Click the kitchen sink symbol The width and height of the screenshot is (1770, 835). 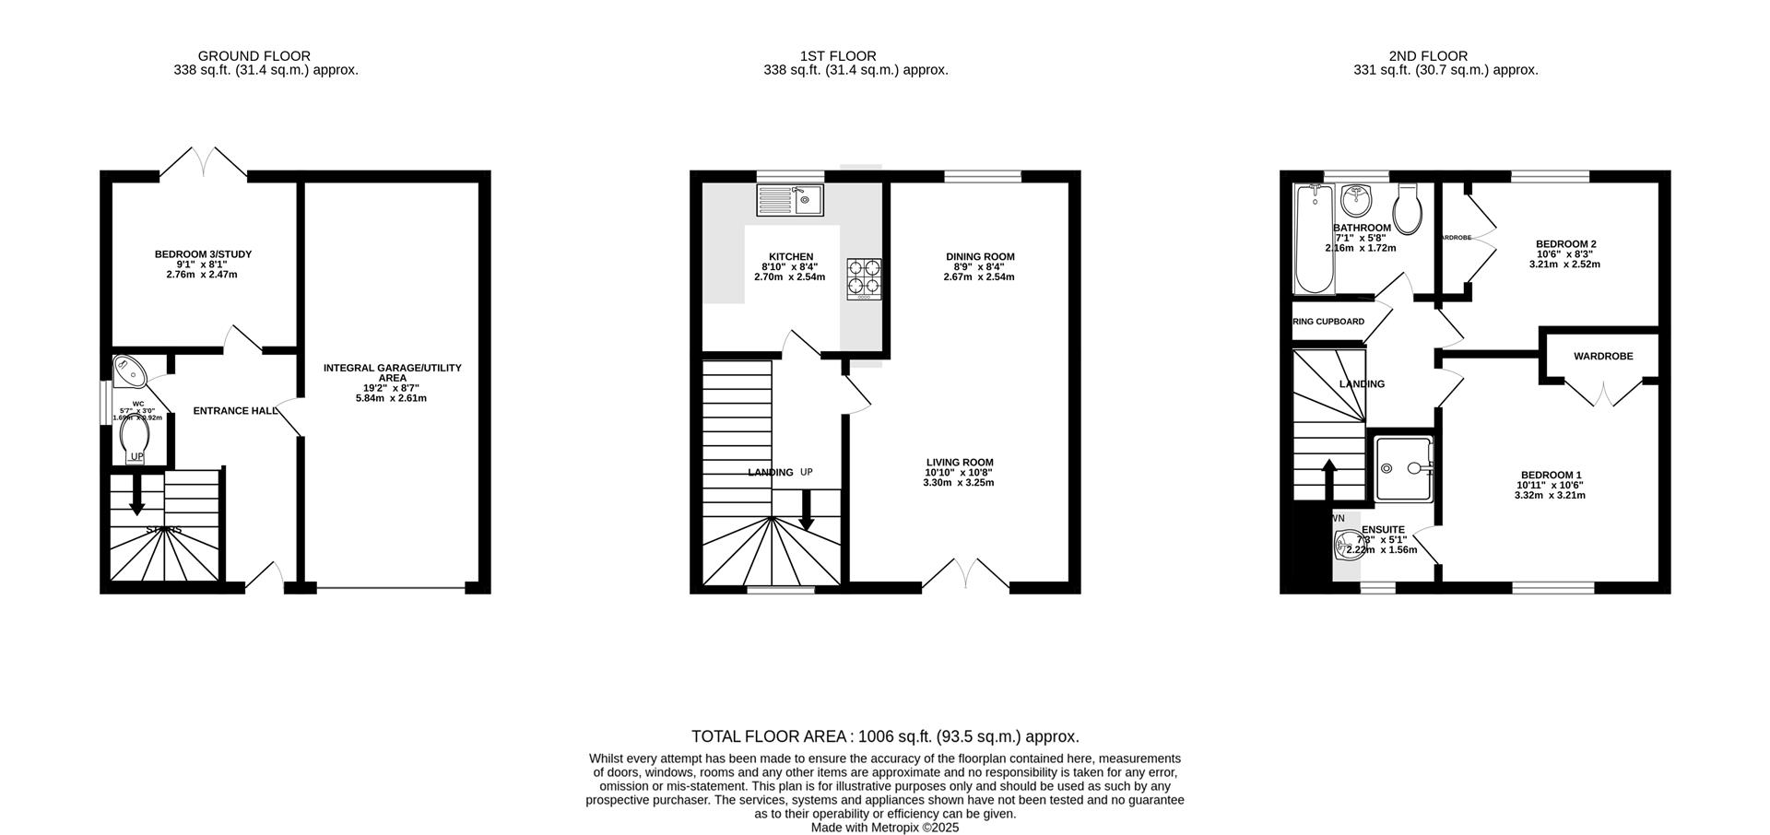tap(790, 200)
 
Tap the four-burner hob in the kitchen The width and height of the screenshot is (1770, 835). tap(864, 278)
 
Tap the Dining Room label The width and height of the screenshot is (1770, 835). tap(979, 257)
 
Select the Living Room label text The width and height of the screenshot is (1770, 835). tap(960, 463)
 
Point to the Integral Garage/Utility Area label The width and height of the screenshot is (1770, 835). tap(392, 372)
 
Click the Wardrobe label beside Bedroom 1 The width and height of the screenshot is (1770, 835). tap(1602, 356)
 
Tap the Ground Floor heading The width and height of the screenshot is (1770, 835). tap(254, 56)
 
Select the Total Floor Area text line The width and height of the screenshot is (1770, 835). tap(885, 736)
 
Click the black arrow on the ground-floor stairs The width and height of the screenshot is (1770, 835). tap(136, 496)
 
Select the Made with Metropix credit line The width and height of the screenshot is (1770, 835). tap(885, 828)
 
